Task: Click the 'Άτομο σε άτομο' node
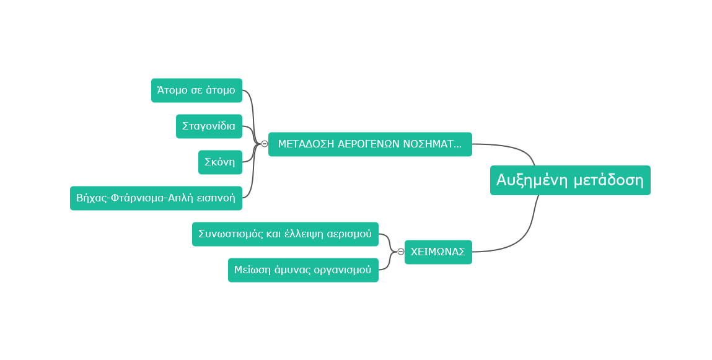pyautogui.click(x=196, y=90)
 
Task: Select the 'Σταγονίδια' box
pyautogui.click(x=209, y=126)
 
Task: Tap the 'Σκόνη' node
pyautogui.click(x=220, y=162)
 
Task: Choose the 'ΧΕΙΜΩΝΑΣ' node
pyautogui.click(x=438, y=252)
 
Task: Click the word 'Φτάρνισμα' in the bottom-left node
pyautogui.click(x=137, y=198)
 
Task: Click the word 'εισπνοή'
pyautogui.click(x=217, y=198)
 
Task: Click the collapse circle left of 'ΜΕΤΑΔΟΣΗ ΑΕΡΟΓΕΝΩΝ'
pyautogui.click(x=265, y=144)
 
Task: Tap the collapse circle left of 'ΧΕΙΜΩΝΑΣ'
pyautogui.click(x=401, y=252)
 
